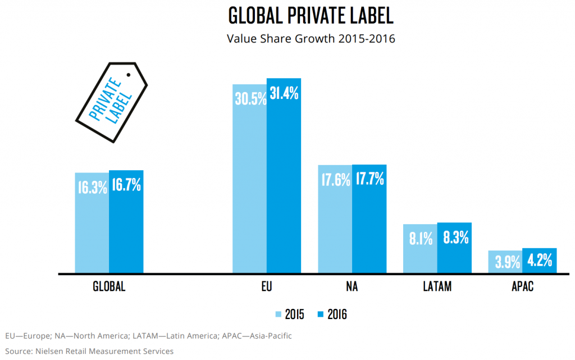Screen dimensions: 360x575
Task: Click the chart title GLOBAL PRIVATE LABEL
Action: click(x=311, y=16)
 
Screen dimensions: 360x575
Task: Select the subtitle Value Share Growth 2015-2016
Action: click(x=311, y=39)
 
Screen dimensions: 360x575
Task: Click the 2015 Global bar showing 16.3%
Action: click(x=92, y=222)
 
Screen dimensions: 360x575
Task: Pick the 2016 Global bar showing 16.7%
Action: click(x=126, y=221)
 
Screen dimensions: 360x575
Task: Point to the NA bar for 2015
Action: click(x=335, y=219)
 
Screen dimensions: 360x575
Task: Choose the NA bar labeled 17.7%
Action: click(x=369, y=218)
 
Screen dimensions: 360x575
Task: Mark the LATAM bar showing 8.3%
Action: click(x=454, y=248)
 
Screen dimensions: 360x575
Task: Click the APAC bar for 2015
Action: click(x=505, y=262)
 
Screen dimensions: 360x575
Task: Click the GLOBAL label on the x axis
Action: click(x=109, y=287)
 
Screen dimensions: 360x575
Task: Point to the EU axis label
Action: click(x=267, y=287)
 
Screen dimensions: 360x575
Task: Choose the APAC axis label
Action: click(x=522, y=287)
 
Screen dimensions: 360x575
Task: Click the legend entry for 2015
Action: click(x=290, y=314)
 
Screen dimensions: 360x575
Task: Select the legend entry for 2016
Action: click(x=332, y=314)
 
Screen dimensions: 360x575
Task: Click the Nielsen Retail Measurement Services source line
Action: click(x=89, y=351)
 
